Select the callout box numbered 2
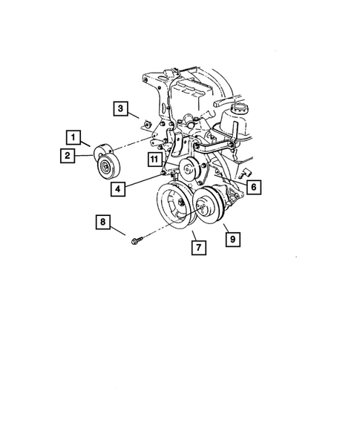(67, 155)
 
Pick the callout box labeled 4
(118, 189)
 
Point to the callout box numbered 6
(252, 188)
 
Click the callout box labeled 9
(232, 239)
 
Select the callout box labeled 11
(154, 159)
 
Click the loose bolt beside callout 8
(137, 240)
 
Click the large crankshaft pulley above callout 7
(177, 208)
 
